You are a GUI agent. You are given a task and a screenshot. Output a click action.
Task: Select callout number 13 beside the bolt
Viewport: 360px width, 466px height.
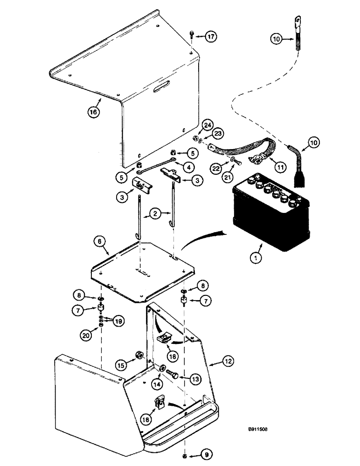(197, 379)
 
